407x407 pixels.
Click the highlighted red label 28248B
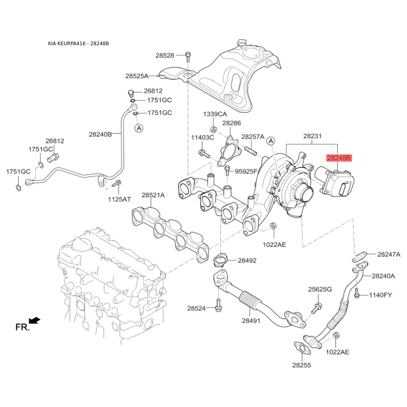pyautogui.click(x=339, y=158)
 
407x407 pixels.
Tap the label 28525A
pyautogui.click(x=137, y=76)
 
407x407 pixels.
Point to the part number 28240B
pyautogui.click(x=100, y=134)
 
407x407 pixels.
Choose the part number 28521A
pyautogui.click(x=153, y=195)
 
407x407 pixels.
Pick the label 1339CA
pyautogui.click(x=214, y=114)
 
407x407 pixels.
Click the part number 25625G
pyautogui.click(x=319, y=289)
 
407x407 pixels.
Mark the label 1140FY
pyautogui.click(x=381, y=295)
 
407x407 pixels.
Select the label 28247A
pyautogui.click(x=389, y=254)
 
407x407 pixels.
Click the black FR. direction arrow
pyautogui.click(x=35, y=320)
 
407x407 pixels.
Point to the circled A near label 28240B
pyautogui.click(x=139, y=129)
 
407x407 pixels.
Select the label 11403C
pyautogui.click(x=202, y=137)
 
